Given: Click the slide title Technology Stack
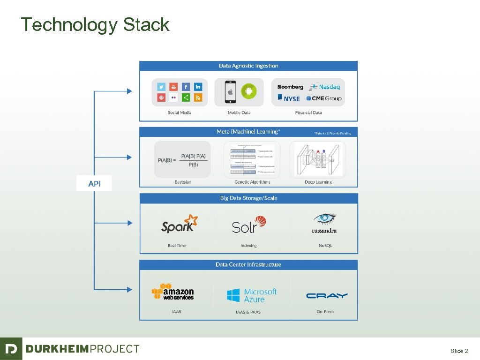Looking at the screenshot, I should click(x=95, y=24).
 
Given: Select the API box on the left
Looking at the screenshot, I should click(x=95, y=184).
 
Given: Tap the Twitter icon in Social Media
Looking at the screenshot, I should click(x=161, y=87).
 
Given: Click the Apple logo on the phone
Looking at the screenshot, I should click(x=230, y=92).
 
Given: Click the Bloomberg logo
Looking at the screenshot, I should click(x=290, y=87).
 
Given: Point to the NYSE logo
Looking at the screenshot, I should click(x=289, y=98).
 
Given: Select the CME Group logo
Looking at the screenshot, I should click(x=324, y=98).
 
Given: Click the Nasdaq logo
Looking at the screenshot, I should click(x=326, y=87).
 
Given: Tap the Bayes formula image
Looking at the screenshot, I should click(x=182, y=160).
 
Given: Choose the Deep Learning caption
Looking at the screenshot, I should click(x=317, y=182).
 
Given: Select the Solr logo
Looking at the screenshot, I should click(x=249, y=225).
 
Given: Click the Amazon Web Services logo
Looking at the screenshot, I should click(x=172, y=292).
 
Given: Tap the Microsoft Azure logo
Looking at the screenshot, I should click(x=252, y=295).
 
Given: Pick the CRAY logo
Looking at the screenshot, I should click(x=327, y=296).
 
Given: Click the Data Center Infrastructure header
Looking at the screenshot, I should click(x=248, y=265).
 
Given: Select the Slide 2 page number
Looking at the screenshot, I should click(x=459, y=351).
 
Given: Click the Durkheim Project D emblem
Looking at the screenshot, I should click(x=11, y=349).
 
